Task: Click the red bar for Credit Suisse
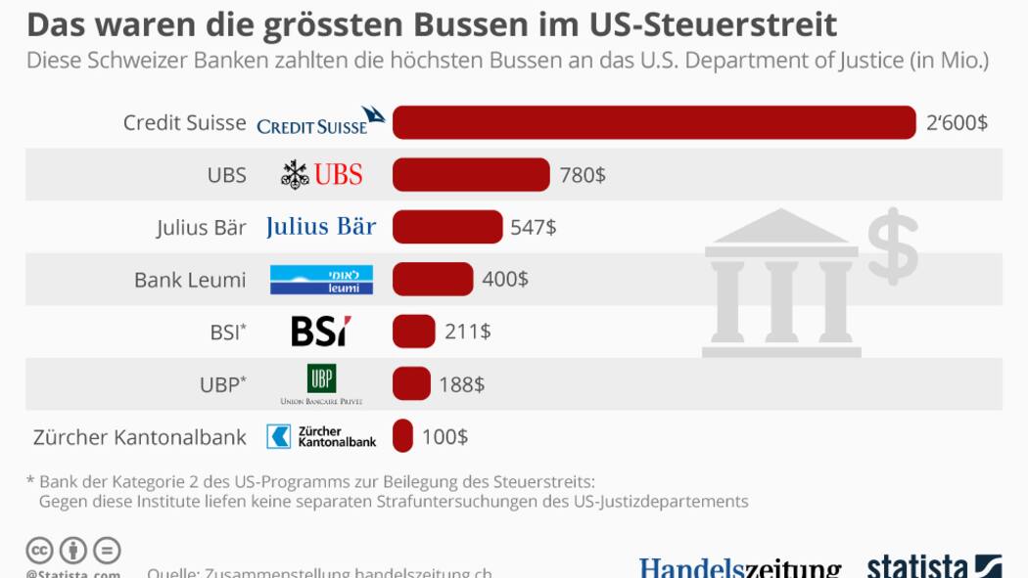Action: point(654,122)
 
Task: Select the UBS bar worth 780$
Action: point(471,175)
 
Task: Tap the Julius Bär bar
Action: point(447,227)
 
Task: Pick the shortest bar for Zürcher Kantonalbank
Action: point(402,436)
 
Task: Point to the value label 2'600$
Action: point(957,123)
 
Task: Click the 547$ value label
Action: point(534,228)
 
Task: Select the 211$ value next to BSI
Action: point(467,332)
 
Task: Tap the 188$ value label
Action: point(461,384)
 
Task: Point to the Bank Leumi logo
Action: point(321,280)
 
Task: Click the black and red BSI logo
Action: point(321,332)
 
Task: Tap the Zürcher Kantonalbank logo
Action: point(321,436)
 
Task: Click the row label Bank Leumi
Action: point(190,280)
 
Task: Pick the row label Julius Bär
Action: point(201,228)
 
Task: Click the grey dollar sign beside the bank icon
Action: point(893,245)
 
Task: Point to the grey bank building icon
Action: point(781,283)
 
